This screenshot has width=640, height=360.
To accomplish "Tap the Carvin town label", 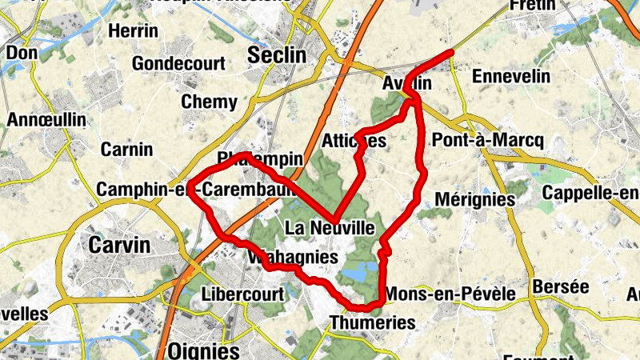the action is coord(119,245).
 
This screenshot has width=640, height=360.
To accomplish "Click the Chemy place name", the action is coord(209,102).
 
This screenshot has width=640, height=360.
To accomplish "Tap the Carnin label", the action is coord(126,150).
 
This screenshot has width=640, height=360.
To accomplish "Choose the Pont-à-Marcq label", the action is coord(487,140).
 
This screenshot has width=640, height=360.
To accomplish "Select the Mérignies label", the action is coord(472,199).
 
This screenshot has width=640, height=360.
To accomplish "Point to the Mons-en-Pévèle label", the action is coord(450,294).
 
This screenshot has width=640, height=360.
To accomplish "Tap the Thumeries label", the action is coord(373,323).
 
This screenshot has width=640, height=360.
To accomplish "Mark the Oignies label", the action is coord(204,351).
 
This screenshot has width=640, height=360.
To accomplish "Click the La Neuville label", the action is coord(330,228).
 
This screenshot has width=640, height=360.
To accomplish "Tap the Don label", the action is coord(22,53).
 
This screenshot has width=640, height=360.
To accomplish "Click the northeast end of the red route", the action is coord(452,52).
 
